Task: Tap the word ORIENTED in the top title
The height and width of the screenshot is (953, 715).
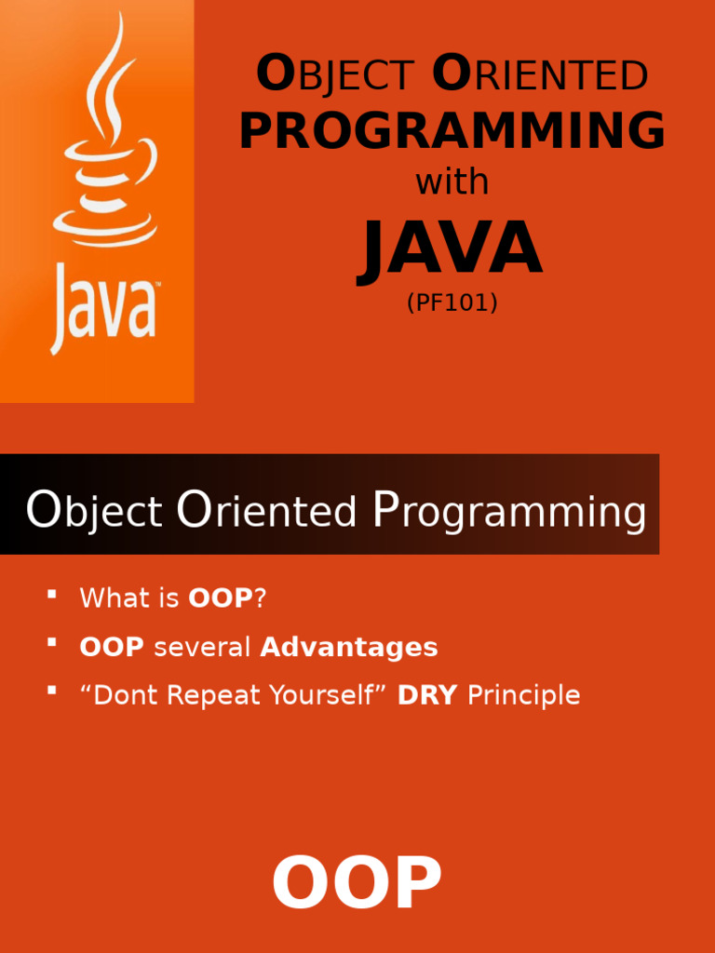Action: [540, 73]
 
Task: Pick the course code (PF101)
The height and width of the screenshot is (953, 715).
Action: [452, 302]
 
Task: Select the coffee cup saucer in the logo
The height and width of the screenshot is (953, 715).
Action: [104, 230]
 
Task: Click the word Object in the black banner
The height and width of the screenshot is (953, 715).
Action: [94, 511]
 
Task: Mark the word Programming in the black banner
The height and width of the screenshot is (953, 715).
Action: [508, 512]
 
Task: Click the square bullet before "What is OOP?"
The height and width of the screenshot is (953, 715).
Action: [52, 594]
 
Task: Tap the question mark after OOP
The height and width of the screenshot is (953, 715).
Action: [260, 598]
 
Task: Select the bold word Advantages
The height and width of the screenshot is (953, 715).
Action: [349, 648]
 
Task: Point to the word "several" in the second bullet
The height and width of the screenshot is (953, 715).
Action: [202, 648]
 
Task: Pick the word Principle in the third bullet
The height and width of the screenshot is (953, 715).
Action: [523, 696]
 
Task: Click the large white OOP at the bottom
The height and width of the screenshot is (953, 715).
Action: [357, 883]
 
